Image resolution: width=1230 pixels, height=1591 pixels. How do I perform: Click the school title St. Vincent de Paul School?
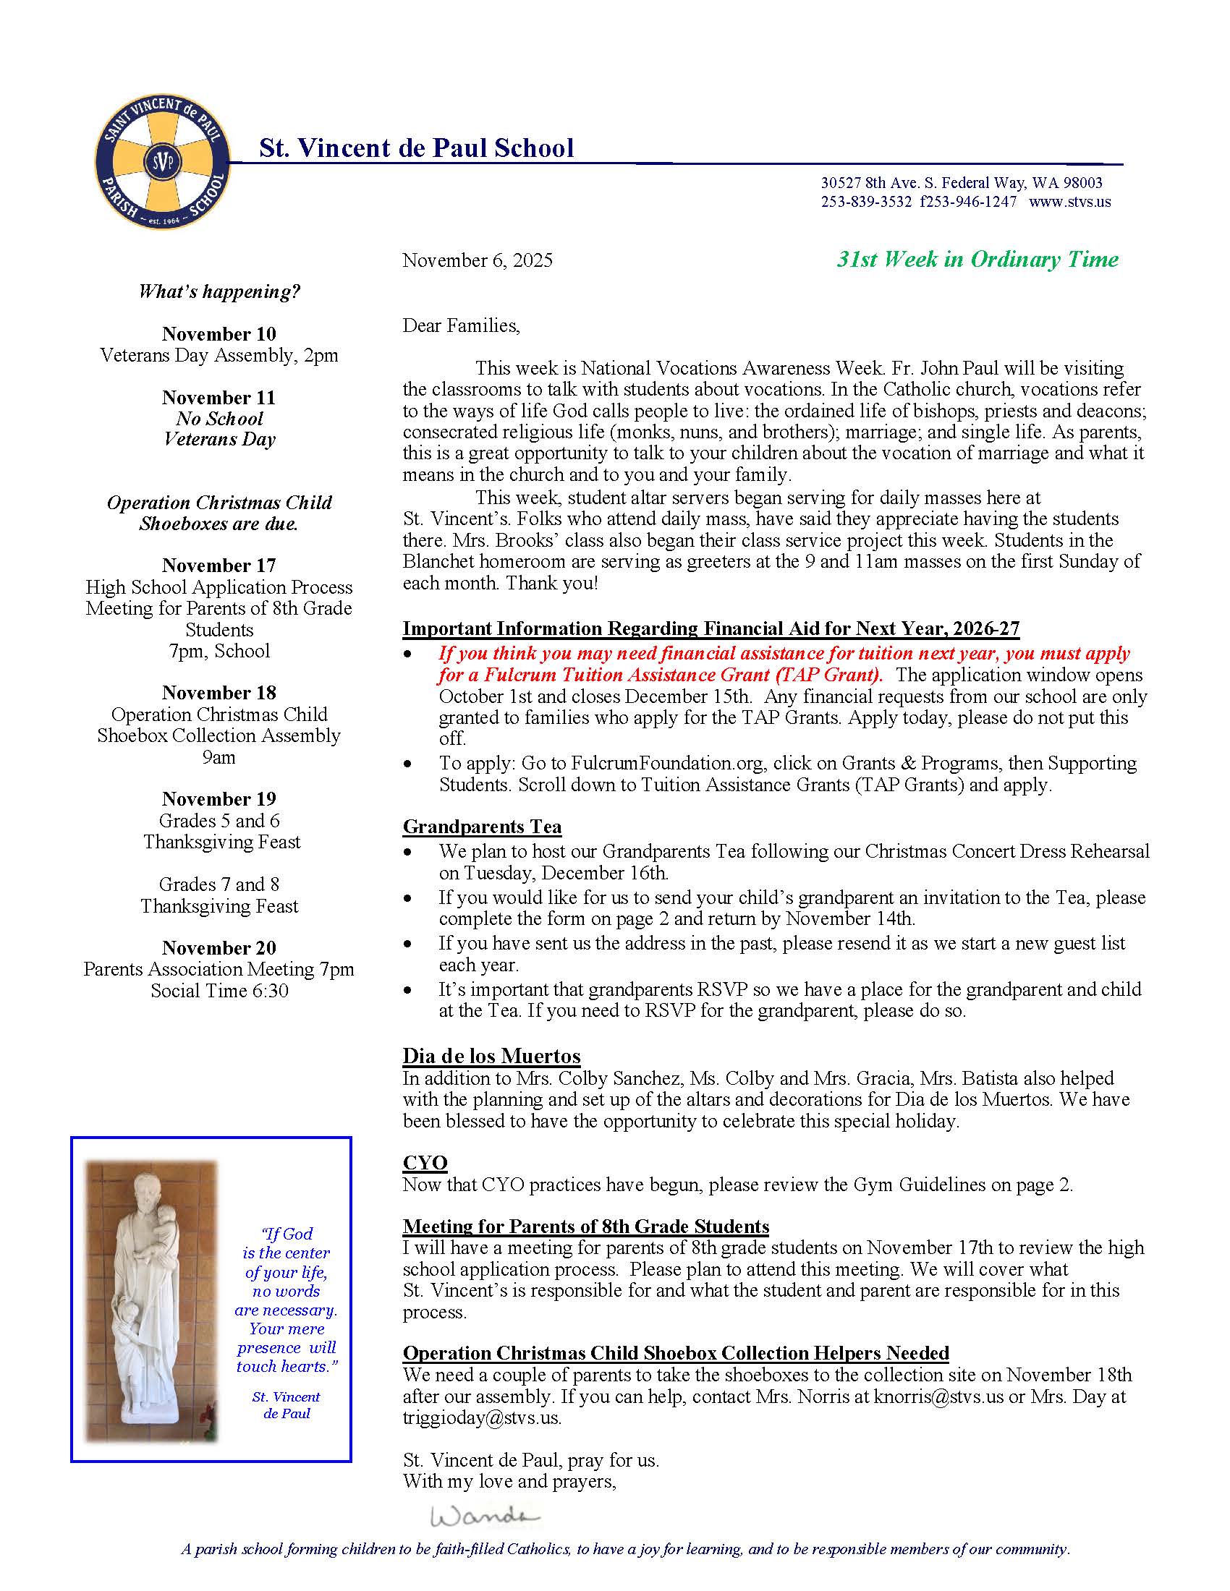point(416,148)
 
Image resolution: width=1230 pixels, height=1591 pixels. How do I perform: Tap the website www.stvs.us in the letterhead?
point(1069,202)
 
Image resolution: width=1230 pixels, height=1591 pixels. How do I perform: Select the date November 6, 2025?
point(478,260)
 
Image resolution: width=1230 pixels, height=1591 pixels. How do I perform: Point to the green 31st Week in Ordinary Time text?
point(977,260)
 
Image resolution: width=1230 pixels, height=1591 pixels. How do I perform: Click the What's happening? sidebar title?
point(219,292)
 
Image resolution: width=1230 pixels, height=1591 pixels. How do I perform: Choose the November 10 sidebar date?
point(219,333)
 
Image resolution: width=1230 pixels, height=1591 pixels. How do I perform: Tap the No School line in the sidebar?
point(219,418)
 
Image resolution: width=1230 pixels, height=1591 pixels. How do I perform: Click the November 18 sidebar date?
point(219,692)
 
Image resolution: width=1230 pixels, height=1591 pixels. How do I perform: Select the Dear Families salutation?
point(462,325)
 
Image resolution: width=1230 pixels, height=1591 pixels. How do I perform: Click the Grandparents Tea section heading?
point(482,826)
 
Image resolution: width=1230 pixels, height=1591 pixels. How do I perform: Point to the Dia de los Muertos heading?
point(491,1056)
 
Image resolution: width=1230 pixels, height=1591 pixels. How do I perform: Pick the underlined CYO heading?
point(425,1162)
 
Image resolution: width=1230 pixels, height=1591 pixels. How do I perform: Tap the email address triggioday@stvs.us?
point(482,1417)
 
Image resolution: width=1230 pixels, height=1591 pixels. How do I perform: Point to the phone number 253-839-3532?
point(865,202)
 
